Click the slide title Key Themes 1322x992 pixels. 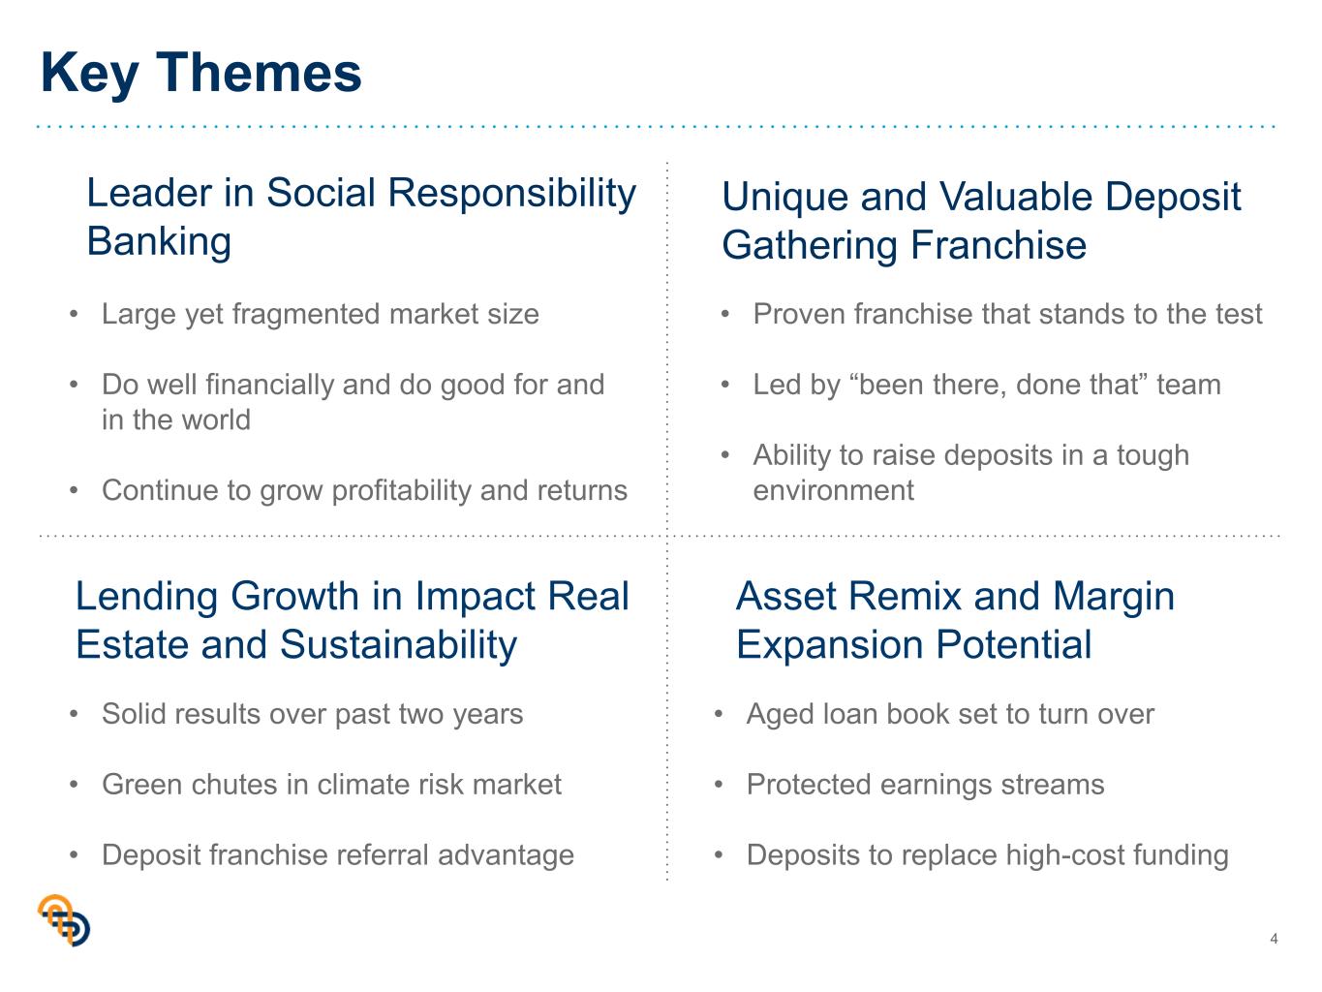pos(200,74)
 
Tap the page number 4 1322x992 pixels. pos(1274,938)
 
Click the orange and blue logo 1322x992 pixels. pos(64,919)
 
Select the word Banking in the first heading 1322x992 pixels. pos(159,241)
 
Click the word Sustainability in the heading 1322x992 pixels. pos(398,645)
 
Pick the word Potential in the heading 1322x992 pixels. pos(1013,644)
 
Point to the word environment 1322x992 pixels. pos(833,490)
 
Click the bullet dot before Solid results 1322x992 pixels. pos(74,714)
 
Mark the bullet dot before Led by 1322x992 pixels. pos(725,385)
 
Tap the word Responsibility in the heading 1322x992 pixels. pos(511,194)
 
